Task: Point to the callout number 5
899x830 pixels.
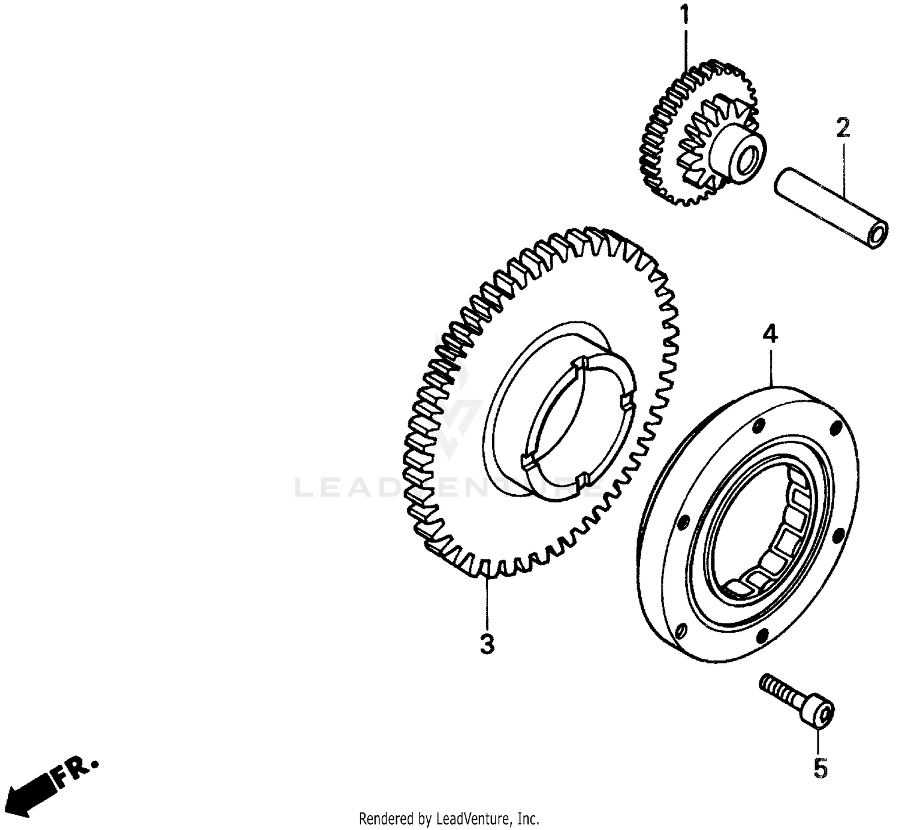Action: [x=820, y=768]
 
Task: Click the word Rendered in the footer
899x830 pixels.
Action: [x=384, y=818]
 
